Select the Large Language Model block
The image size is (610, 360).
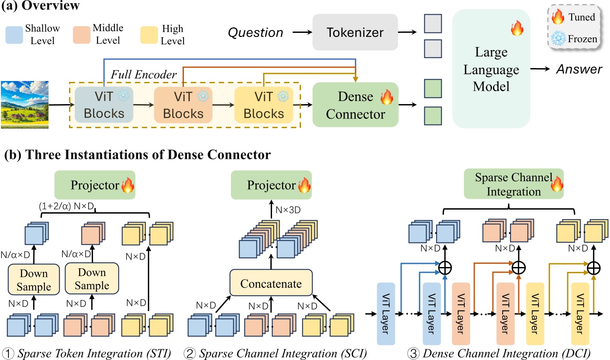[x=491, y=70]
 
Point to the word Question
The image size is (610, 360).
[x=256, y=32]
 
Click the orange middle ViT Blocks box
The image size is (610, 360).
[x=183, y=105]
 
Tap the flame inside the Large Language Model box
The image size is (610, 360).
[x=516, y=30]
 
